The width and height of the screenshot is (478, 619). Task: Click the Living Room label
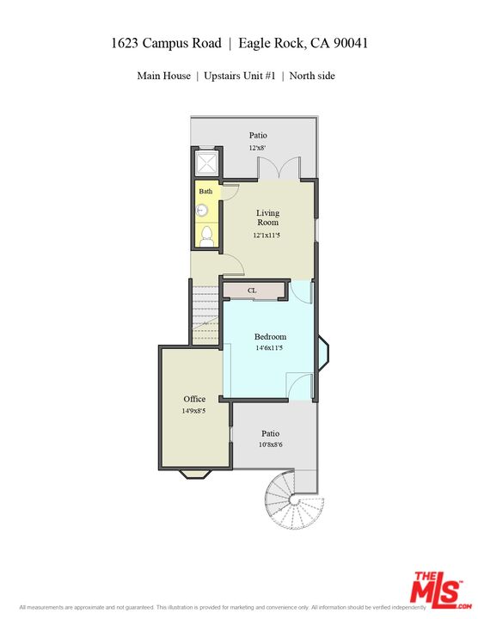click(x=268, y=218)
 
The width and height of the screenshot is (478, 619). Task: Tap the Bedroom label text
click(x=270, y=337)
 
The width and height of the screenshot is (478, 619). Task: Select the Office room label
click(x=194, y=399)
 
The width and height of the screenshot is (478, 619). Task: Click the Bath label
click(x=206, y=191)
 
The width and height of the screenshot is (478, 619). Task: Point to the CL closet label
click(x=252, y=291)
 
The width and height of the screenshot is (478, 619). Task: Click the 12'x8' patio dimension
click(x=258, y=149)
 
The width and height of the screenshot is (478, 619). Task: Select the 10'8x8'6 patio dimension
click(x=271, y=446)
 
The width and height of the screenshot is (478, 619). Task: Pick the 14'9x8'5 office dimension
click(x=194, y=412)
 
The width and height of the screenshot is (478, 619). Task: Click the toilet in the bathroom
click(x=206, y=236)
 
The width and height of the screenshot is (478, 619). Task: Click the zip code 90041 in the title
click(x=347, y=43)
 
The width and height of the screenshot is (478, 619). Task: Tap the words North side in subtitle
click(x=312, y=76)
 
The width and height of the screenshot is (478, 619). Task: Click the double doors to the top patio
click(x=280, y=169)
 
